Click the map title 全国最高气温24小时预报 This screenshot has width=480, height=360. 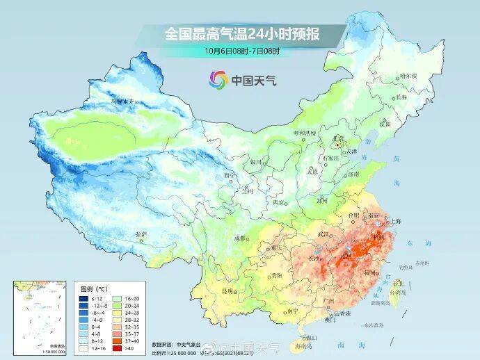coord(239,33)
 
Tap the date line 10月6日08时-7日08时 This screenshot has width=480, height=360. coord(239,50)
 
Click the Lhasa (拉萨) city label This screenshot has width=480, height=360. coord(141,234)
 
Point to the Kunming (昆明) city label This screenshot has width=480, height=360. coord(227,290)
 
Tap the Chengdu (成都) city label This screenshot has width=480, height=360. coord(241,238)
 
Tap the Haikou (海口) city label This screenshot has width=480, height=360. coord(299,334)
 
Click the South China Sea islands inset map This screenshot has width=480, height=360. coord(38,313)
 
